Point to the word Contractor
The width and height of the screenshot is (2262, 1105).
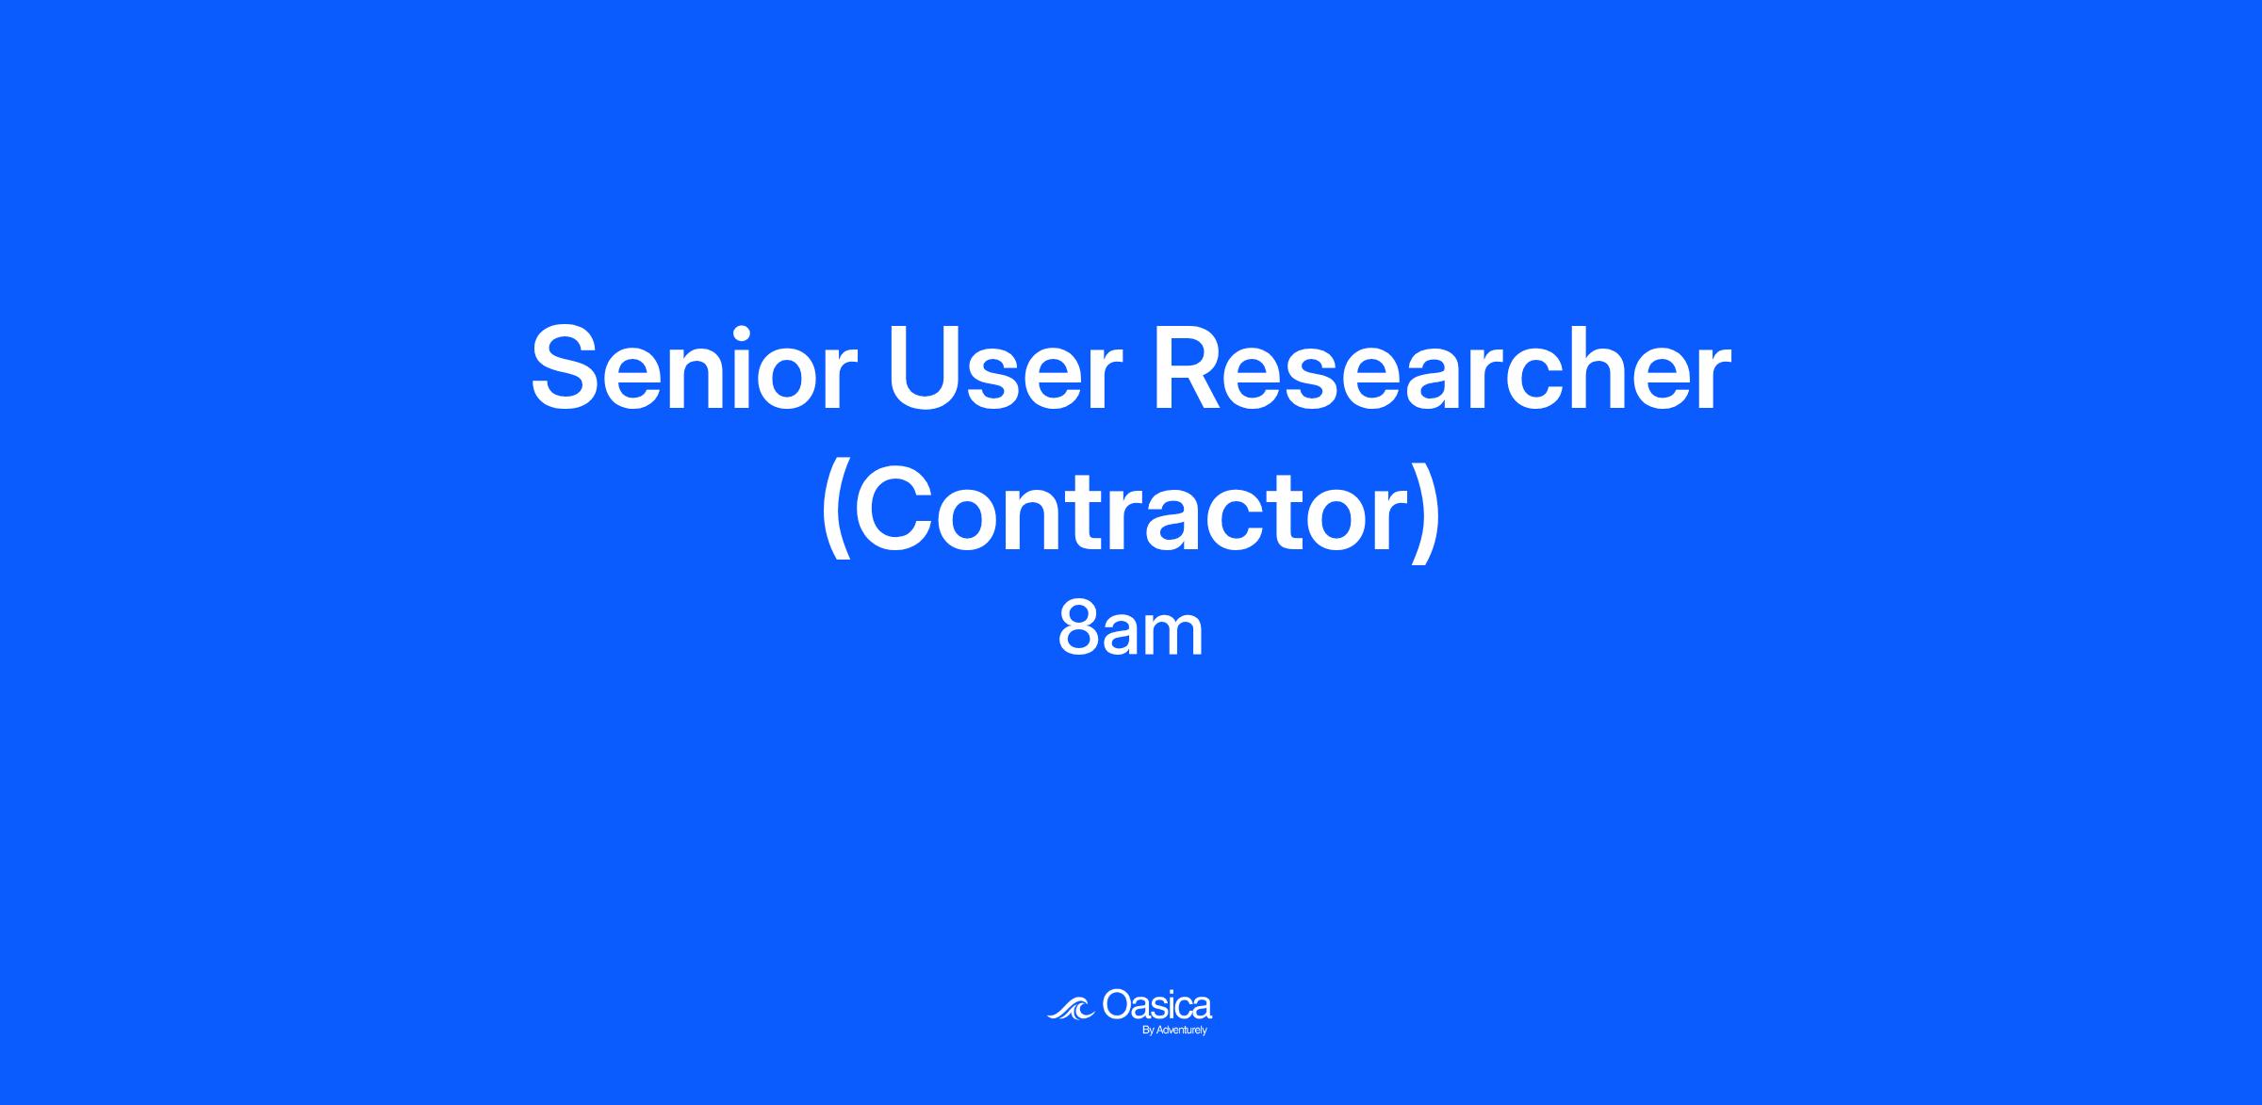(1130, 513)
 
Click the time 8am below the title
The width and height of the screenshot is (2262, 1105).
(1131, 630)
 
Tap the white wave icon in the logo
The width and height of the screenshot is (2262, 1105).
(1071, 1008)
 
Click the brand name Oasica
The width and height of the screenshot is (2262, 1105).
(1156, 1005)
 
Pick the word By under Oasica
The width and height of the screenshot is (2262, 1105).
(1147, 1031)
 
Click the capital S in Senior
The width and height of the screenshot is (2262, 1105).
(565, 369)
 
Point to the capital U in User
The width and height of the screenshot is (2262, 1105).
(924, 370)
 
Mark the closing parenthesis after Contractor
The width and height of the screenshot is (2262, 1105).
(1426, 513)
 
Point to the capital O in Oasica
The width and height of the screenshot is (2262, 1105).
(1117, 1004)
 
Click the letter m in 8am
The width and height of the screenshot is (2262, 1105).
(1173, 637)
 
